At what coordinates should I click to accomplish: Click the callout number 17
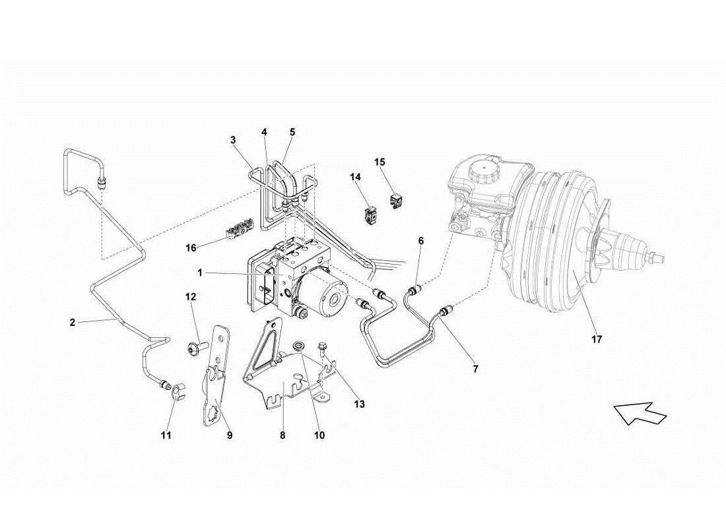coord(597,340)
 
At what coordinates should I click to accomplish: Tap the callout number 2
coord(72,323)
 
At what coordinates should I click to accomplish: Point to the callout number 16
coord(191,247)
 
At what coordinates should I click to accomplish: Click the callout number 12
coord(191,298)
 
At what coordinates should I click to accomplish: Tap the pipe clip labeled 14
coord(370,214)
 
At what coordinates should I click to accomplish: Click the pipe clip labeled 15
coord(397,200)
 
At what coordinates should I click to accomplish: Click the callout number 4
coord(265,132)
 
